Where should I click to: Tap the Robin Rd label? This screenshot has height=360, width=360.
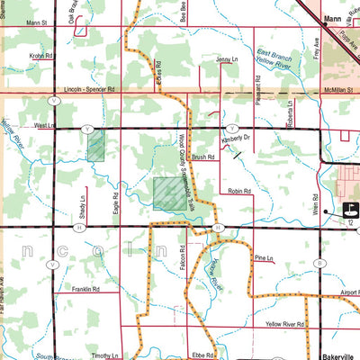point(239,191)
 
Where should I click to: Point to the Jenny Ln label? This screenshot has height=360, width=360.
point(225,59)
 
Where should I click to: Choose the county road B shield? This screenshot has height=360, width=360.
point(319,263)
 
